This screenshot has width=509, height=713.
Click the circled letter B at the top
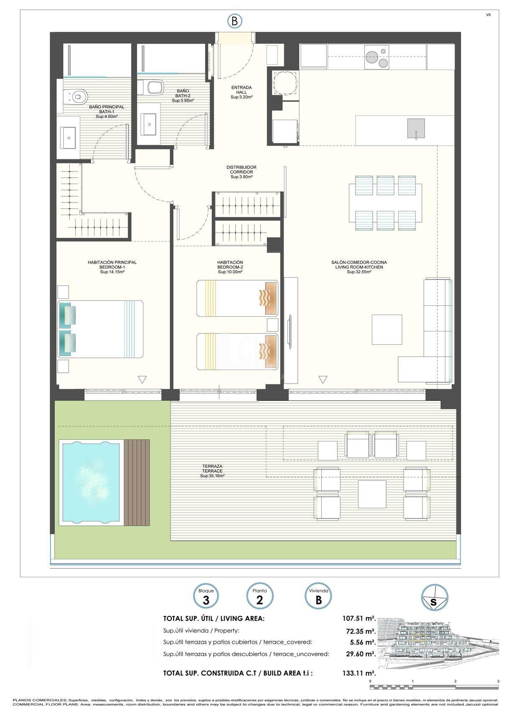coord(234,21)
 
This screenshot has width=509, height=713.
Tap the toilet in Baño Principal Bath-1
coord(75,97)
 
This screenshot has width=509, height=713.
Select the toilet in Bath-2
coord(152,87)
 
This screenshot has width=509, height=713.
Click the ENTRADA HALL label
coord(241,92)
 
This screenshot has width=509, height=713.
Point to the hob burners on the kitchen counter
coord(376,57)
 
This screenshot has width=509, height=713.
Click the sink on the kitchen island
coord(416,128)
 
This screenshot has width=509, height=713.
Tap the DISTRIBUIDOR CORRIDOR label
coord(241,172)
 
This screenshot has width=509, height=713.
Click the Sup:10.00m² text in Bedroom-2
coord(230,272)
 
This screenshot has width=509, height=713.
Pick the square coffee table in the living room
coord(386,329)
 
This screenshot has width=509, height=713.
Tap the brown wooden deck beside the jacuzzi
coord(137,482)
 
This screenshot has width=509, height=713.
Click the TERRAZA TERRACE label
coord(212,471)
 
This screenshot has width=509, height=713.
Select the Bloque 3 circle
coord(206,597)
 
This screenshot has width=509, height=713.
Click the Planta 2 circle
coord(259,597)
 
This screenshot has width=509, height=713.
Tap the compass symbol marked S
coord(434,598)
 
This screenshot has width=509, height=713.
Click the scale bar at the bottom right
coord(434,687)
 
